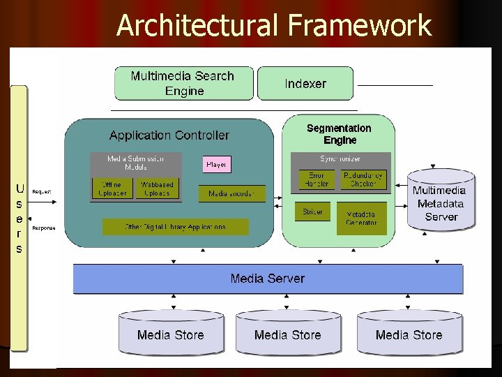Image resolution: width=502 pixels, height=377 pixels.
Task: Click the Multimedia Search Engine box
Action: [x=183, y=83]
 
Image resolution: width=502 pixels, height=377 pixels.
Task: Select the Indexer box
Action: [x=305, y=84]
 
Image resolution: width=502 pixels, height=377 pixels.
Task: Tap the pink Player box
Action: [x=216, y=165]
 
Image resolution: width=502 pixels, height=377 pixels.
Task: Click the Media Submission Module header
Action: [x=136, y=163]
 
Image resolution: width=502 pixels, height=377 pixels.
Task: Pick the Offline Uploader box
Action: [x=112, y=189]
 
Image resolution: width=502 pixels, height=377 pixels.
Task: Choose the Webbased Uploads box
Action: [x=157, y=189]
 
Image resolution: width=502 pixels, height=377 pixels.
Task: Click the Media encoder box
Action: [x=232, y=193]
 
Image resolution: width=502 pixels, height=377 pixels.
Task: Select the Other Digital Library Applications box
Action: [x=175, y=227]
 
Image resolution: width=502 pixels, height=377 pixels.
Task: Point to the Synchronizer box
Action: [x=340, y=159]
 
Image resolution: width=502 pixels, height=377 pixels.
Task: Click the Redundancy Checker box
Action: [x=363, y=179]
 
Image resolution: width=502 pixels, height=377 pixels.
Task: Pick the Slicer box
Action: [x=312, y=212]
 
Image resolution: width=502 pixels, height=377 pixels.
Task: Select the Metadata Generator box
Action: [x=360, y=218]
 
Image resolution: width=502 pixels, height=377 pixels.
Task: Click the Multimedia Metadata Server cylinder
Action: [x=441, y=202]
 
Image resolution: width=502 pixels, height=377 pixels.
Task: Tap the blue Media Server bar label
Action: [x=268, y=279]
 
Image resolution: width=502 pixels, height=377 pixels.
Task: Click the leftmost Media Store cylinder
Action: [x=172, y=334]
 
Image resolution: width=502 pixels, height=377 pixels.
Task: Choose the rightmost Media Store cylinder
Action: [x=409, y=334]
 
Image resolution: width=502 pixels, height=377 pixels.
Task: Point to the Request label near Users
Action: [x=42, y=191]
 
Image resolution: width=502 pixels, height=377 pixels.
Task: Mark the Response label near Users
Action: [x=44, y=228]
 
